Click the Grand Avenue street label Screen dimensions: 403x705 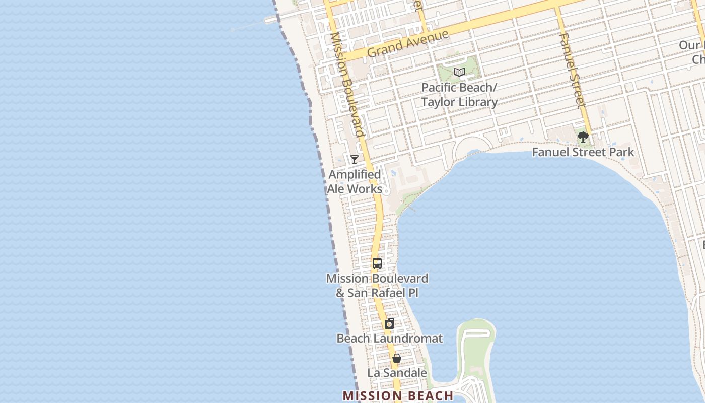pyautogui.click(x=407, y=43)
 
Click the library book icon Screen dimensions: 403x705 pyautogui.click(x=459, y=73)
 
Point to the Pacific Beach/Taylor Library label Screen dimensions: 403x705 pyautogui.click(x=459, y=95)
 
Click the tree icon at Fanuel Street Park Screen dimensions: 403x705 pyautogui.click(x=583, y=137)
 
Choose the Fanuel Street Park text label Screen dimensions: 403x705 pyautogui.click(x=583, y=152)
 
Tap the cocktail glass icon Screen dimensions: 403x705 pyautogui.click(x=355, y=159)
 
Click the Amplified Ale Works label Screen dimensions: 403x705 pyautogui.click(x=355, y=182)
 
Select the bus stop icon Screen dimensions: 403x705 pyautogui.click(x=377, y=263)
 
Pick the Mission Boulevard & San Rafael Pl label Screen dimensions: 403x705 pyautogui.click(x=377, y=285)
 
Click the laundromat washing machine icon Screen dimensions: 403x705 pyautogui.click(x=389, y=324)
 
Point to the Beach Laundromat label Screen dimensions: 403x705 pyautogui.click(x=389, y=338)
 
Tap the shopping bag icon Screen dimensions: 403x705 pyautogui.click(x=397, y=358)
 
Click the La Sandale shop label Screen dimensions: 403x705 pyautogui.click(x=397, y=373)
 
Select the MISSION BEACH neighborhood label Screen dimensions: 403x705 pyautogui.click(x=398, y=396)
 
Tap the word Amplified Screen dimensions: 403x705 pyautogui.click(x=355, y=175)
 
